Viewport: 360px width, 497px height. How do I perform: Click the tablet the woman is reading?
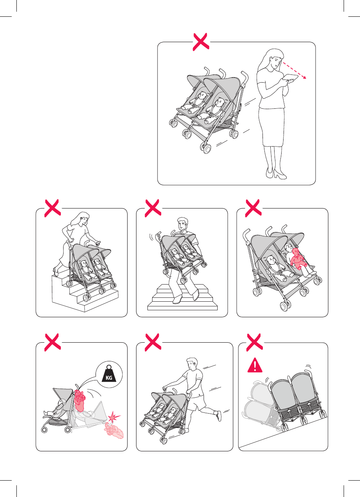(290, 78)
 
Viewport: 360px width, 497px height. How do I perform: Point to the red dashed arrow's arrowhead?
(305, 77)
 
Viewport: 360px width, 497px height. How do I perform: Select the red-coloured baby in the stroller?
(298, 258)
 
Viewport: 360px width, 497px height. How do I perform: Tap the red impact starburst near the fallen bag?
(114, 416)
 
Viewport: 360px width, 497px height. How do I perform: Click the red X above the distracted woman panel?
(201, 42)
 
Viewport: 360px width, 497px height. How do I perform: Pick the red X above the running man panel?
(153, 342)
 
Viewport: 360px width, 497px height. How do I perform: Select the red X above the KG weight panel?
(53, 342)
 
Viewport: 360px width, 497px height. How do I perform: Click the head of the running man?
(192, 364)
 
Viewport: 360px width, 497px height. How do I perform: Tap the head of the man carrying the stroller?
(183, 224)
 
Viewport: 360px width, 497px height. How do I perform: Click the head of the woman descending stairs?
(83, 218)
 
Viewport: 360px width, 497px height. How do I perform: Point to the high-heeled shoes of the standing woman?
(276, 173)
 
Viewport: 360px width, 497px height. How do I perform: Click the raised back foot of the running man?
(219, 416)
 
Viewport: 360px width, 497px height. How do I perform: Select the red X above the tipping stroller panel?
(255, 342)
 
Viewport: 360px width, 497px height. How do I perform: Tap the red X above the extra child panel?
(253, 208)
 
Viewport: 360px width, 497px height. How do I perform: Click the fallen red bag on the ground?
(113, 430)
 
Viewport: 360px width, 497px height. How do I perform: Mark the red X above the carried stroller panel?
(153, 208)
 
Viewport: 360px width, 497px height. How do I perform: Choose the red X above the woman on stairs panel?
(53, 208)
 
